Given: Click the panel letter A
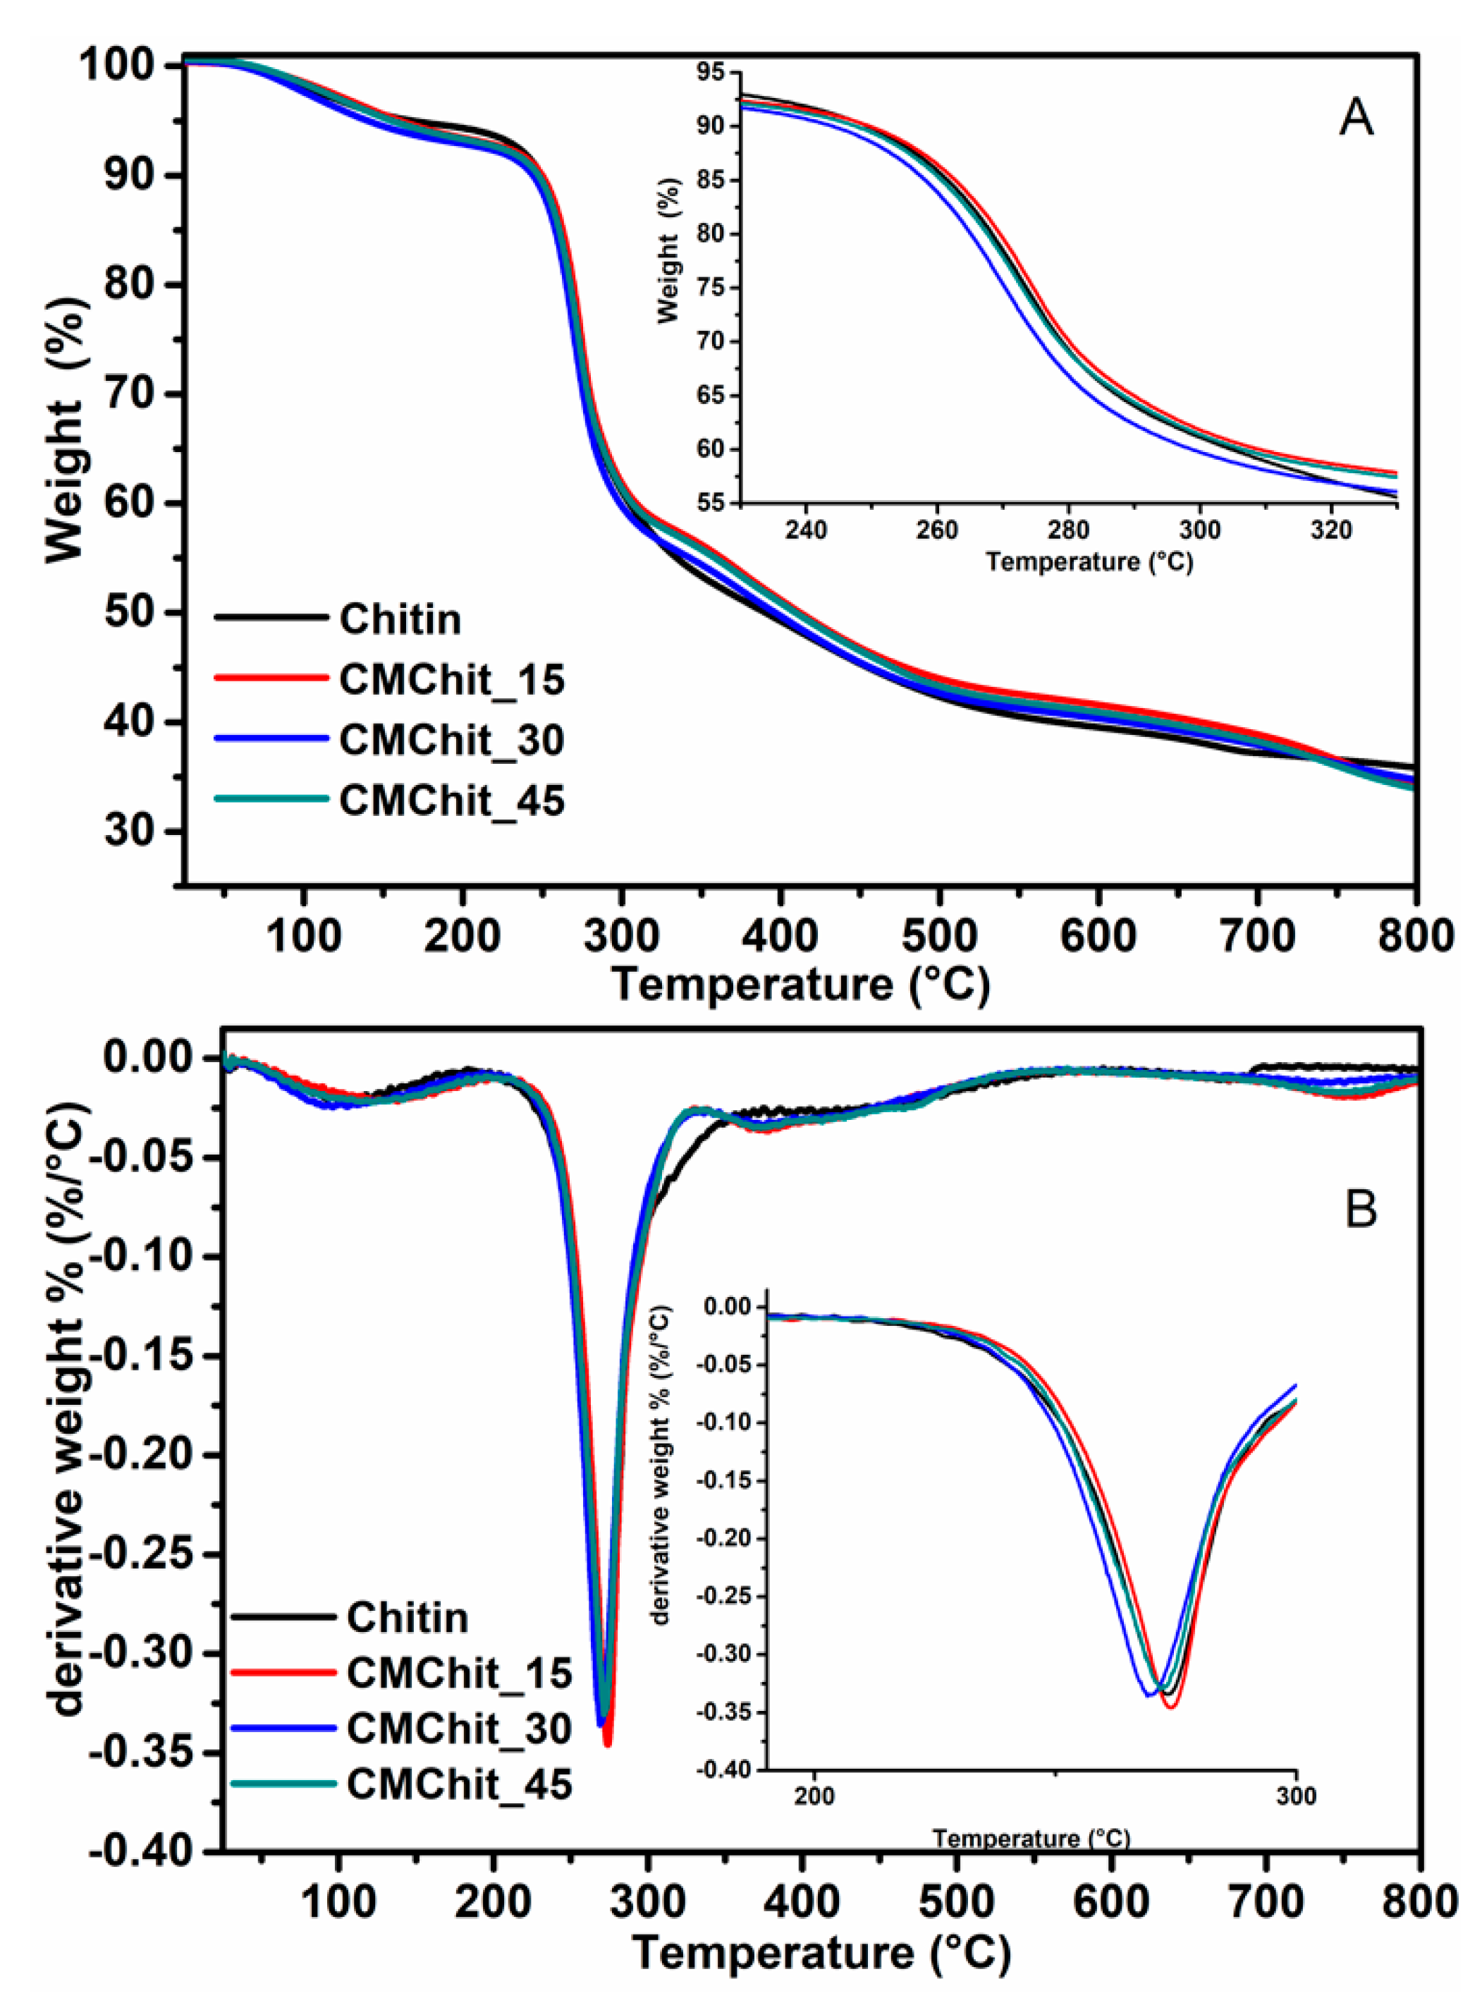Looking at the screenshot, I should point(1356,118).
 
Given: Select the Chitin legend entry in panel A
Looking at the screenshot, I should point(400,619).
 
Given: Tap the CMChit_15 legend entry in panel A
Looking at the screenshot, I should point(452,680).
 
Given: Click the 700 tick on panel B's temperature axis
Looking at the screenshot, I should point(1266,1900).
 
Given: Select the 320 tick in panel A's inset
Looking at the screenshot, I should point(1330,530).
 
